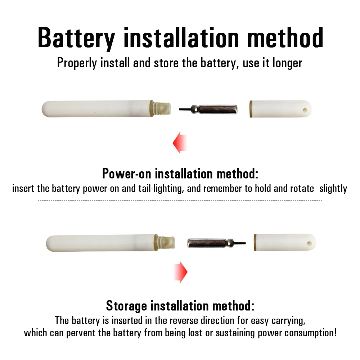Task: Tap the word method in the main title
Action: pos(285,37)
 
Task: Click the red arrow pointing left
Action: pos(180,143)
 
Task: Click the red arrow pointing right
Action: pos(180,272)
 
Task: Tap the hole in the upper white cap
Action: pos(305,110)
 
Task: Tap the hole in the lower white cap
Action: pos(309,243)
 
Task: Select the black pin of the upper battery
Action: pos(185,109)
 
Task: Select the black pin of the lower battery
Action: pos(240,243)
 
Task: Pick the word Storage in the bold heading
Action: pos(126,306)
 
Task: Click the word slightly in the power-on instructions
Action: pos(333,189)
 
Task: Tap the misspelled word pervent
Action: pos(81,333)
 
